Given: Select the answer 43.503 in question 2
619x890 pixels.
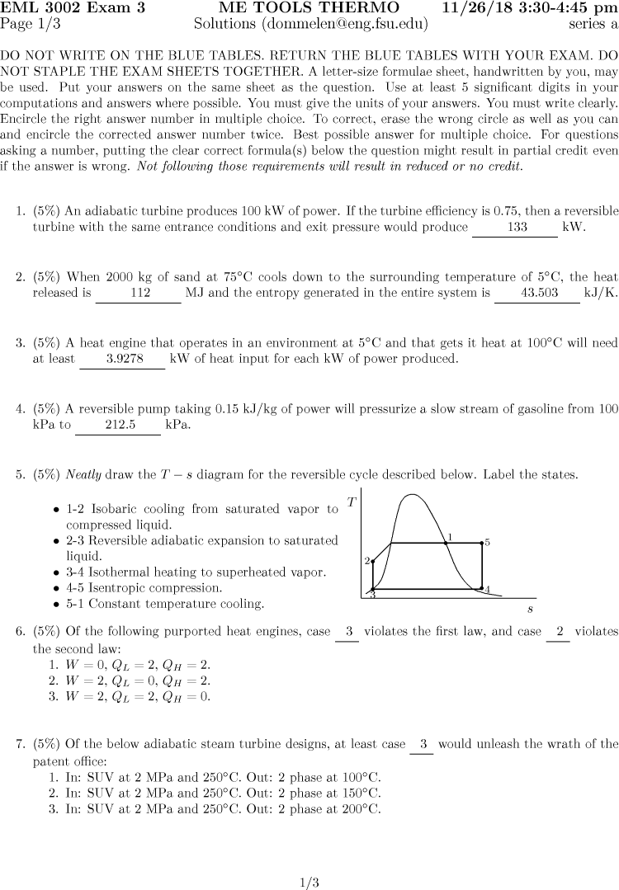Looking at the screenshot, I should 536,293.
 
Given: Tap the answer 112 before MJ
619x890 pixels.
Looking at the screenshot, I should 139,293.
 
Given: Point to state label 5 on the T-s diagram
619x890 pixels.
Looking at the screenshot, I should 488,543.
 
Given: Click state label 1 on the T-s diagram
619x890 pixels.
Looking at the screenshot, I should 449,537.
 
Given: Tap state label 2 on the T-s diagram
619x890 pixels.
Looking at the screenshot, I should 367,561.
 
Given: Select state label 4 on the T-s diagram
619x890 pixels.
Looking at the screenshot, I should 487,589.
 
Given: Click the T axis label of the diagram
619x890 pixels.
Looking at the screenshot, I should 352,502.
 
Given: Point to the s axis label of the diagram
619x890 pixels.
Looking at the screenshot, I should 530,609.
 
